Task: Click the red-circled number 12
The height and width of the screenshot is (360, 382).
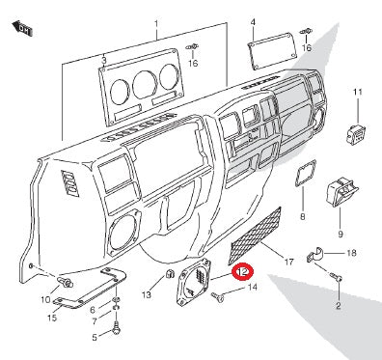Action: (243, 272)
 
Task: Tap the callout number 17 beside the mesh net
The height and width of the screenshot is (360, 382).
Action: (289, 262)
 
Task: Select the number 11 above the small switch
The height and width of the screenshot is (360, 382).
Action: (358, 92)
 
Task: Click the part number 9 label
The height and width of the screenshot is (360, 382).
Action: (341, 234)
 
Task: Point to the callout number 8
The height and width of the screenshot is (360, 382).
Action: (302, 216)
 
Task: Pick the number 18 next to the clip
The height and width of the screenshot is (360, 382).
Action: (352, 253)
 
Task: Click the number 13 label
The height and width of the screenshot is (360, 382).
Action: (147, 294)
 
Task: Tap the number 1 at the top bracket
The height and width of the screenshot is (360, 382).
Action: (156, 24)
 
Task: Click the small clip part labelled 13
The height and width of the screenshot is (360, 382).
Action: (169, 274)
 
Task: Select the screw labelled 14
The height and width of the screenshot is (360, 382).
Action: (217, 296)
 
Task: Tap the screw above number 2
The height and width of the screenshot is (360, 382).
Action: (337, 277)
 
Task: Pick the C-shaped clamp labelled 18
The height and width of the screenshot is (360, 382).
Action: (314, 256)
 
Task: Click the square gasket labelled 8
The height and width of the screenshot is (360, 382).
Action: (306, 173)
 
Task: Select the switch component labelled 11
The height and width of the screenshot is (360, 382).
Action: (356, 134)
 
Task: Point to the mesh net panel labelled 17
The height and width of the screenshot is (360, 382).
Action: (255, 235)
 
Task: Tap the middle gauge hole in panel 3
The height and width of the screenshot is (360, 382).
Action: (145, 85)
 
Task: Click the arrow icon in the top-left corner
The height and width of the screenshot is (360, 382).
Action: (22, 29)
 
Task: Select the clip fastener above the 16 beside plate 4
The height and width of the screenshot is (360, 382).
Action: (306, 32)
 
